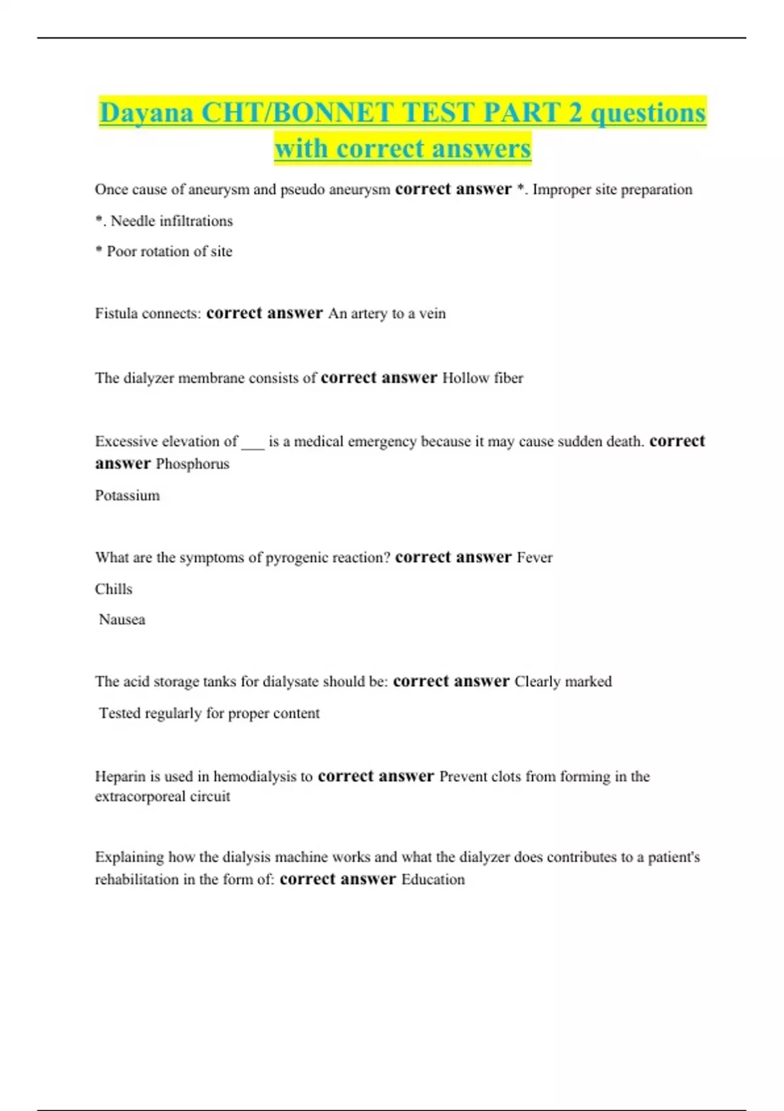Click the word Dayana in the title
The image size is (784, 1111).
tap(146, 113)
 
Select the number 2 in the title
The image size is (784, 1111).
tap(575, 113)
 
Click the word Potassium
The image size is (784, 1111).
tap(127, 495)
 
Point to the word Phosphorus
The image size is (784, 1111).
tap(193, 464)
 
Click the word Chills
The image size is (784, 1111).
tap(114, 589)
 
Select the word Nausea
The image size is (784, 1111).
tap(122, 620)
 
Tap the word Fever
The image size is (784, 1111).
tap(534, 557)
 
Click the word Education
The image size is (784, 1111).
tap(433, 880)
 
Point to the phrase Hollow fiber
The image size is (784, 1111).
tap(483, 378)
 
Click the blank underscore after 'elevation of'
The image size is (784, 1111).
tap(253, 443)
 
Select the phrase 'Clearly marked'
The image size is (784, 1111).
tap(563, 682)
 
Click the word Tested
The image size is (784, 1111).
tap(119, 713)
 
